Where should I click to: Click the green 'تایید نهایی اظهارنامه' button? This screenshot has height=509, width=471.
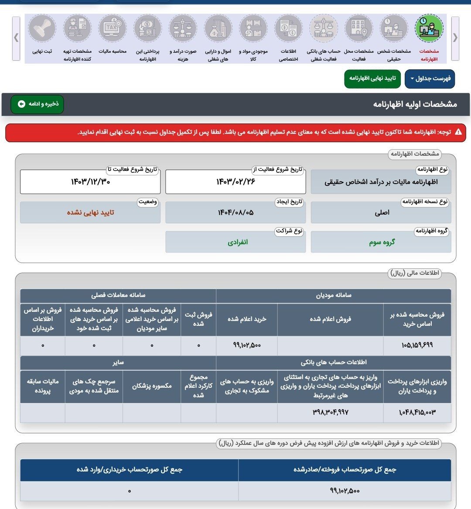tap(372, 79)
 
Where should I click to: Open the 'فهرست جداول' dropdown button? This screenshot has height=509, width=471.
tap(430, 79)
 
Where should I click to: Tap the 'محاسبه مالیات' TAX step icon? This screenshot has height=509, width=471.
tap(113, 28)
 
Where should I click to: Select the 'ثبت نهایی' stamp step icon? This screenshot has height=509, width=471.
tap(42, 28)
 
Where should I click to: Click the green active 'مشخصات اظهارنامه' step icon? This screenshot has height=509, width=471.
tap(429, 28)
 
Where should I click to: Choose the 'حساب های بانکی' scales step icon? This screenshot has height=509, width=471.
tap(324, 28)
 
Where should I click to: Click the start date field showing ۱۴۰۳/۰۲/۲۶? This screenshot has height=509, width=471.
tap(235, 182)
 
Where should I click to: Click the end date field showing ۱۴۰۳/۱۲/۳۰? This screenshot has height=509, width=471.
tap(90, 182)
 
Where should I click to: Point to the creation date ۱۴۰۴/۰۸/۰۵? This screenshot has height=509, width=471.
tap(235, 212)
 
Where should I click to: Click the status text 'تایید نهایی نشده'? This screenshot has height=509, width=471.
tap(90, 212)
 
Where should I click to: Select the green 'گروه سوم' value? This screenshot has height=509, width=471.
tap(382, 242)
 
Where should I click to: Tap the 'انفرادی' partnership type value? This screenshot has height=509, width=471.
tap(237, 242)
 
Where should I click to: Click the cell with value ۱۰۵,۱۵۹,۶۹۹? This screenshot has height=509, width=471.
tap(417, 345)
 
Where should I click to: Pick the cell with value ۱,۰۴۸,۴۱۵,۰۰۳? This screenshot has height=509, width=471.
tap(417, 412)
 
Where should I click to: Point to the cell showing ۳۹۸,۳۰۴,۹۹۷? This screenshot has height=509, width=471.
tap(330, 412)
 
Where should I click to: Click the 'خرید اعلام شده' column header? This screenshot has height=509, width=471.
tap(247, 319)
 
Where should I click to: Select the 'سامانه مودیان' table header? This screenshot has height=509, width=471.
tap(334, 295)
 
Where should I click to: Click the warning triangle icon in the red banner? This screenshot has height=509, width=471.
tap(458, 132)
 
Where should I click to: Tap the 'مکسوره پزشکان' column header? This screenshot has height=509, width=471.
tap(152, 386)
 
